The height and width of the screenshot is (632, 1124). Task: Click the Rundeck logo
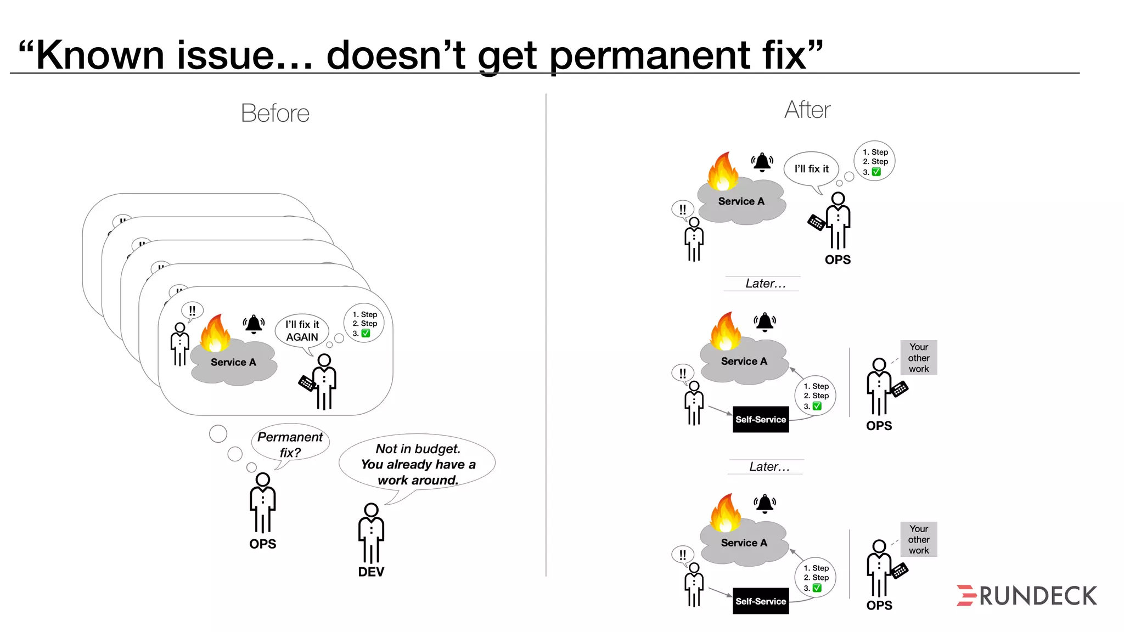1026,596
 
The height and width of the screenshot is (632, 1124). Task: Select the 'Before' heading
275,114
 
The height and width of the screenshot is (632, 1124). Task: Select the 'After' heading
807,110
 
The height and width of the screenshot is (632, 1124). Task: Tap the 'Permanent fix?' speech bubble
290,444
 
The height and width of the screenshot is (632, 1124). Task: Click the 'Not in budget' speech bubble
417,464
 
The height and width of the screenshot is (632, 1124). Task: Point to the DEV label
371,572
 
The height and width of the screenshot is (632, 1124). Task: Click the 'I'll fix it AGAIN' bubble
302,331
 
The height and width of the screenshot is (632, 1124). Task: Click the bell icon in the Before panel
254,324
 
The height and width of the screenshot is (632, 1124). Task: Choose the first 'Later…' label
765,284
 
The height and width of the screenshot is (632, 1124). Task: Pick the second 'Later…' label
769,467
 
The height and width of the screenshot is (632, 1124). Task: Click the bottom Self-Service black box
761,601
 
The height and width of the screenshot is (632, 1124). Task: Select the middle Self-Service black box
761,420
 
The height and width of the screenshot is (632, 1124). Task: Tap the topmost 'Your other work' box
918,358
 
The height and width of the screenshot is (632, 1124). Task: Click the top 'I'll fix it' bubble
811,169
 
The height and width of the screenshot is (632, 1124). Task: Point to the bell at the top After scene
762,162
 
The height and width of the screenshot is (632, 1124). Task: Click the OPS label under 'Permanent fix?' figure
262,544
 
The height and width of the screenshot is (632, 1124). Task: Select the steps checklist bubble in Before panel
364,324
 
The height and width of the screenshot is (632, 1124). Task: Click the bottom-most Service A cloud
744,543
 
